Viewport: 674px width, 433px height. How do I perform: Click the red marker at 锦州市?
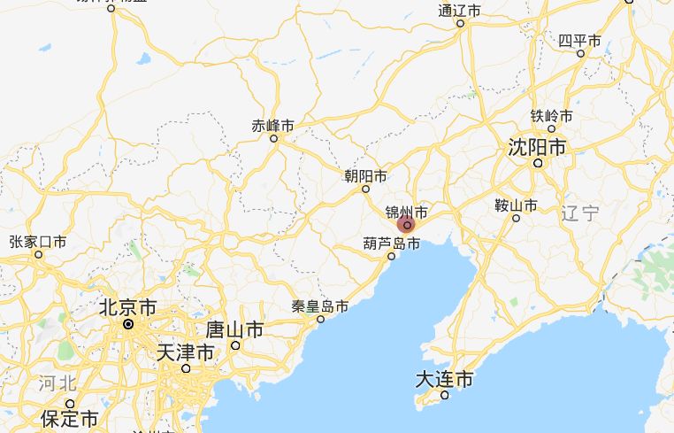tap(407, 225)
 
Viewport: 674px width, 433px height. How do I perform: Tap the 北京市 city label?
tap(128, 307)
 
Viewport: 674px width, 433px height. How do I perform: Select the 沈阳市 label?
tap(537, 147)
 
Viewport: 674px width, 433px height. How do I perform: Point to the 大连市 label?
tap(444, 379)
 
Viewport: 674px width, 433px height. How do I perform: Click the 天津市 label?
tap(185, 352)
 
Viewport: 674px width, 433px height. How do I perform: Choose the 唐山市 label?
tap(234, 329)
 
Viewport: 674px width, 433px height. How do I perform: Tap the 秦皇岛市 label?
tap(320, 306)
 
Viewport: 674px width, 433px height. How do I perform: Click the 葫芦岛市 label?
tap(392, 243)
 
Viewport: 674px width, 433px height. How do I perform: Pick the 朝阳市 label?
tap(365, 176)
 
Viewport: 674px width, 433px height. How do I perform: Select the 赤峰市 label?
tap(273, 126)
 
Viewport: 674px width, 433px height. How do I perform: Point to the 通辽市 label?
tap(460, 11)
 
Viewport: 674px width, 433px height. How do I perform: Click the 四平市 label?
tap(580, 41)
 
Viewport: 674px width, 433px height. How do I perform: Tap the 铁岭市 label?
tap(551, 116)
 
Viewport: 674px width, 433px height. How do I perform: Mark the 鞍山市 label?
tap(516, 205)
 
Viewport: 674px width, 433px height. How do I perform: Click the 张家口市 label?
tap(38, 242)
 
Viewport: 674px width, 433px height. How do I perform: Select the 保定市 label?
tap(70, 417)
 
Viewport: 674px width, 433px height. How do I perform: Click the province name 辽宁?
tap(580, 213)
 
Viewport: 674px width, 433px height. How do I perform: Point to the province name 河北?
tap(58, 383)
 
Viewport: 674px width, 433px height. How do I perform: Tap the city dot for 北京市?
tap(128, 324)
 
